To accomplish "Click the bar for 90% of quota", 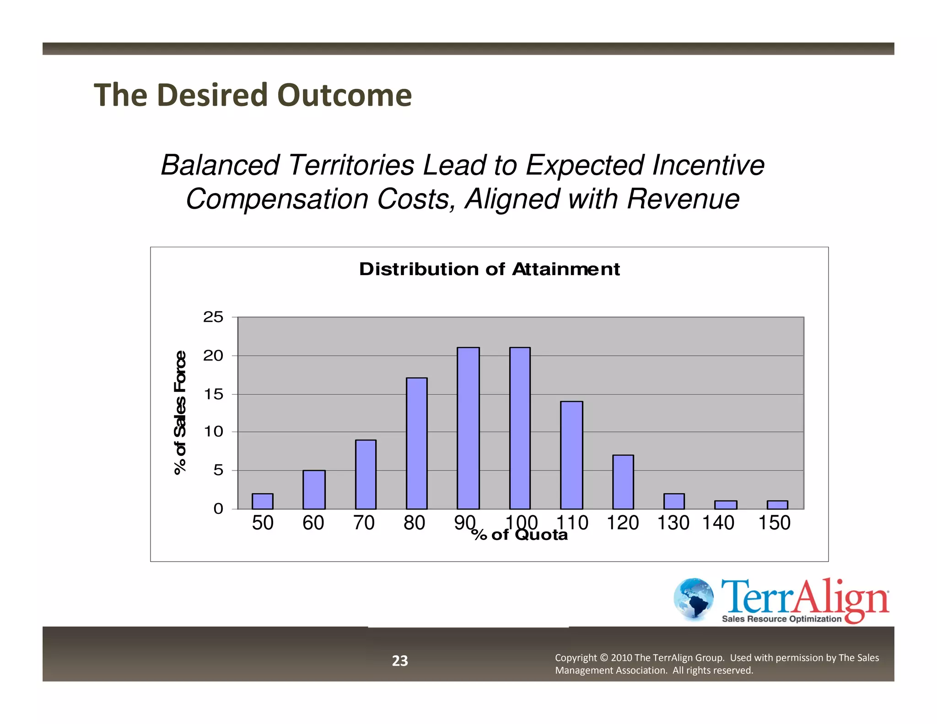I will (468, 428).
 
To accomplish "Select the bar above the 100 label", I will (520, 428).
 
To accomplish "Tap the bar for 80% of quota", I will (416, 443).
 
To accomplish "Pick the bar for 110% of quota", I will (571, 455).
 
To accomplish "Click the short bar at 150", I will (777, 505).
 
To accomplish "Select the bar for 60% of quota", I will (314, 489).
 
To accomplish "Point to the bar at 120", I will (623, 481).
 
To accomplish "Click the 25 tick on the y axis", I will (213, 317).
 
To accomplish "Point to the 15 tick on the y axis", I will (213, 394).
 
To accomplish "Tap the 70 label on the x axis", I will (364, 523).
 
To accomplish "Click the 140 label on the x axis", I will (718, 523).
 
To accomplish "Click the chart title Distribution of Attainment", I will (489, 269).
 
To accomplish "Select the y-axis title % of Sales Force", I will (180, 413).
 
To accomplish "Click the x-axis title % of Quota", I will (519, 535).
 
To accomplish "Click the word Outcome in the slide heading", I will (344, 95).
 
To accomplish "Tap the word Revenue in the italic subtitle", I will (683, 199).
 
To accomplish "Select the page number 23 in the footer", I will (400, 660).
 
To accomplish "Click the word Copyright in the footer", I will (576, 658).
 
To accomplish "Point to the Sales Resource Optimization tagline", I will (781, 619).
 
